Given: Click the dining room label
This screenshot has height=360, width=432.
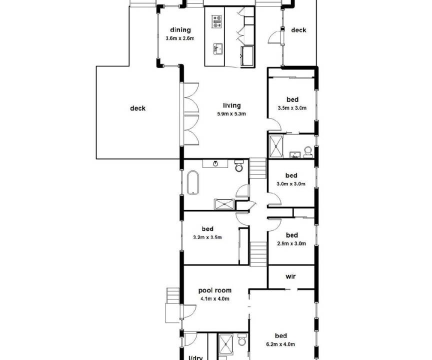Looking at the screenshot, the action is point(180,30).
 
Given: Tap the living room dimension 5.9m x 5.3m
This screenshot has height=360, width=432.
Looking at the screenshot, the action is point(231,114).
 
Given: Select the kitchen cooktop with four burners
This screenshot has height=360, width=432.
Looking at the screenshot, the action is point(217,21).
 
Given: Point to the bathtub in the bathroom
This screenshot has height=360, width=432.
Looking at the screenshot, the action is point(193,182).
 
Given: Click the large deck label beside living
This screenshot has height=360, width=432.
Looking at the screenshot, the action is point(138,108).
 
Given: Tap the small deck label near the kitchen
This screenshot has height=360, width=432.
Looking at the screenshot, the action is point(298,30).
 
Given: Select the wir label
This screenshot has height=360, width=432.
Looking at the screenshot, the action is point(290,276).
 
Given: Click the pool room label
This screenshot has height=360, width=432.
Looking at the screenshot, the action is point(215,290).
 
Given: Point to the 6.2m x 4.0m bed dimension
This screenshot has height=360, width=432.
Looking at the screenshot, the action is point(280,344).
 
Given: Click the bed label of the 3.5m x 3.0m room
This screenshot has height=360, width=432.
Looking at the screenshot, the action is point(292,99).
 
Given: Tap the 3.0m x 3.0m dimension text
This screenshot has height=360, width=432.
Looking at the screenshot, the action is point(291,184).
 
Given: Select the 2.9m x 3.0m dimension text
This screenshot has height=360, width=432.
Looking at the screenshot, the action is point(291,243).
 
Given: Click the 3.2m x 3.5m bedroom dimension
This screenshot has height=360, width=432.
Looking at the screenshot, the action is point(207,237).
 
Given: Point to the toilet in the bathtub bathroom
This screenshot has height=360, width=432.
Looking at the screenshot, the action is point(239,166).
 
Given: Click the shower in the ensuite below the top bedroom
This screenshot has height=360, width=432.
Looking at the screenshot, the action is point(276,146).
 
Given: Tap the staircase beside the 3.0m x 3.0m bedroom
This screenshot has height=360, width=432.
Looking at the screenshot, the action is point(258,168).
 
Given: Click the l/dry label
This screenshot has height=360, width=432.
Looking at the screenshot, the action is point(195,358).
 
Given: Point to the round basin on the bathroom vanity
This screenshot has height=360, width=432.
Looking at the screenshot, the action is point(215,164).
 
